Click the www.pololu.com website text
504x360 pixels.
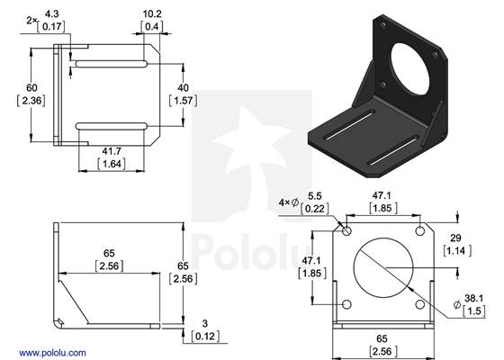pos(51,352)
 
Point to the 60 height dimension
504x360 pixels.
pos(32,86)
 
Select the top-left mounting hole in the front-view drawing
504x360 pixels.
pos(346,230)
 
